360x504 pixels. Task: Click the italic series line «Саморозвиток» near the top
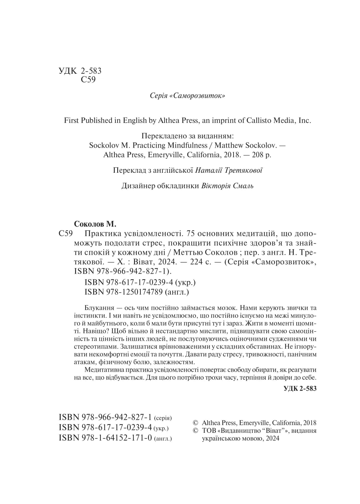(x=187, y=96)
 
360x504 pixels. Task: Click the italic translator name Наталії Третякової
(x=229, y=170)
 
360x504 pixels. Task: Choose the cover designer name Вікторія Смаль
(x=227, y=186)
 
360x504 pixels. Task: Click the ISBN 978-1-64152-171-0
(x=105, y=438)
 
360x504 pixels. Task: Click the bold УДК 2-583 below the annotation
(x=300, y=389)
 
